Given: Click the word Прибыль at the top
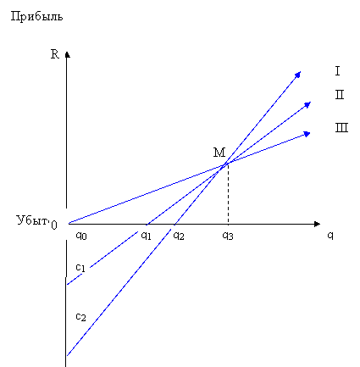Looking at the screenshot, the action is point(36,17).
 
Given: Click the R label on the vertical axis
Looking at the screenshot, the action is point(55,54).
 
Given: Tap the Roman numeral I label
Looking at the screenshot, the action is point(337,70).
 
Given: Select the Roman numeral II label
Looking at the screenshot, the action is point(340,94).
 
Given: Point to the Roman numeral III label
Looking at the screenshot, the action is point(341,127).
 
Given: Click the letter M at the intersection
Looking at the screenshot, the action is point(219,153).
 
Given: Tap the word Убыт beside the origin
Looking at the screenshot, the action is point(32,220).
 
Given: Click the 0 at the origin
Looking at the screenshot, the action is point(54,225).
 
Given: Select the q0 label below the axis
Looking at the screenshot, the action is point(81,236).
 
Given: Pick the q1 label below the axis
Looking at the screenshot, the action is point(146,235).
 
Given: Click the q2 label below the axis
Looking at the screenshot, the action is point(179,236).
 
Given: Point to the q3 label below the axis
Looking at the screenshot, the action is point(228,236).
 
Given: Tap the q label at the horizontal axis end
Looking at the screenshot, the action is point(330,235).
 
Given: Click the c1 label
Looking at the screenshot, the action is point(80,267).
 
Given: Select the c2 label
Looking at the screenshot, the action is point(80,317).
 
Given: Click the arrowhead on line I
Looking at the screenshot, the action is point(297,75).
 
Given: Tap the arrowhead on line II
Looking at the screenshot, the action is point(307,105).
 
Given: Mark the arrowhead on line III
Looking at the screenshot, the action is point(307,134).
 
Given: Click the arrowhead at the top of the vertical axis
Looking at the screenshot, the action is point(67,54).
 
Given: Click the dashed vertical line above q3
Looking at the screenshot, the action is point(228,194).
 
